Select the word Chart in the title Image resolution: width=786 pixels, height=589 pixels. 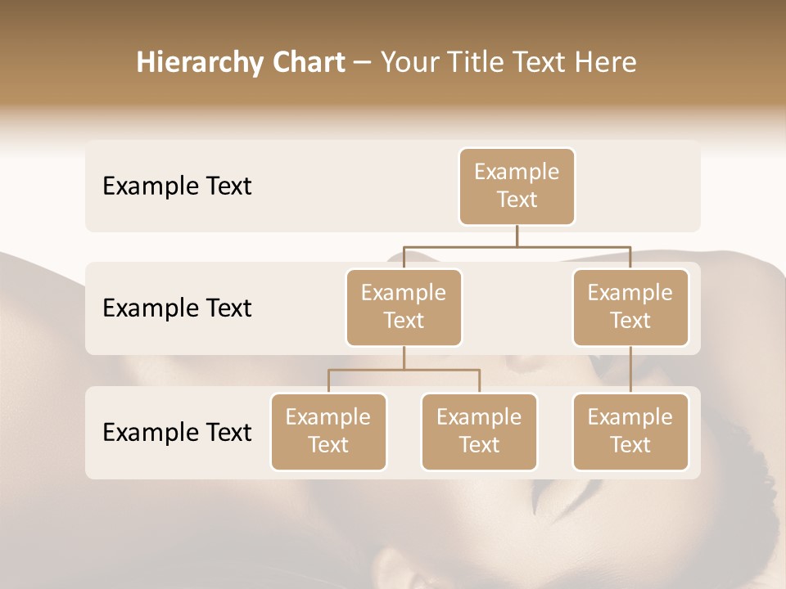tap(305, 63)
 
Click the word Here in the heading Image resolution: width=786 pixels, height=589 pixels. tap(606, 63)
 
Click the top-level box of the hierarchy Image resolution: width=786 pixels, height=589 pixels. tap(517, 186)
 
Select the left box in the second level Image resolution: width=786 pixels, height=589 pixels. tap(404, 307)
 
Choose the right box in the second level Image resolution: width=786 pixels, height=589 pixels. tap(630, 307)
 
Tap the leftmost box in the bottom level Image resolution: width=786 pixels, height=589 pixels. tap(328, 431)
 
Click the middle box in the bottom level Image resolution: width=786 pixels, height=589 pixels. tap(479, 431)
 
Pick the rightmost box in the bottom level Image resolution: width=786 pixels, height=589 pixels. tap(630, 431)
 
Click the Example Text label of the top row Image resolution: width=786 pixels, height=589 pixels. tap(177, 187)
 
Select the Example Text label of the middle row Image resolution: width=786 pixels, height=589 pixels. tap(177, 308)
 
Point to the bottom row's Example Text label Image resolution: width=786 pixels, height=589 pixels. tap(177, 432)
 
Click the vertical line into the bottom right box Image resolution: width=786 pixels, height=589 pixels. tap(630, 370)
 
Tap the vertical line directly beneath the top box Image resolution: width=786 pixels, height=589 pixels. tap(517, 236)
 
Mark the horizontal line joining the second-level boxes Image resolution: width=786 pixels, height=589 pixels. tap(517, 246)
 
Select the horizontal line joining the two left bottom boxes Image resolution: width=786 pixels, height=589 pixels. tap(404, 370)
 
